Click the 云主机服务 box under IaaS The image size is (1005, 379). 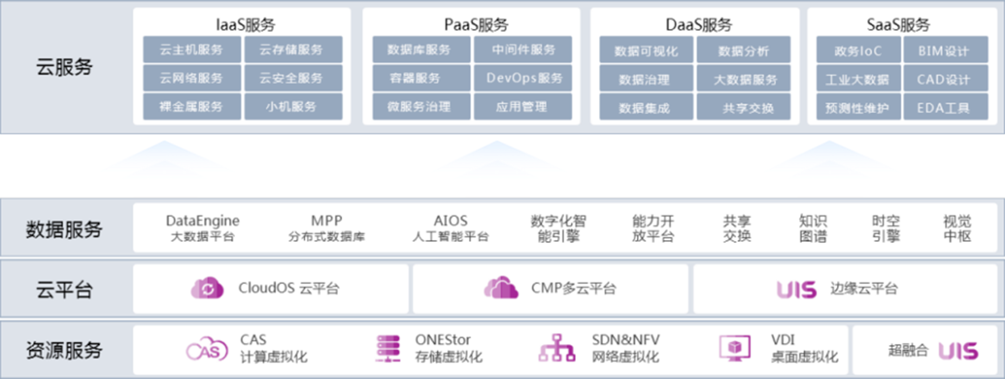click(x=191, y=50)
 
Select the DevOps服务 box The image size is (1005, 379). click(x=523, y=79)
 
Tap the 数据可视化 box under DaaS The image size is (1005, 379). click(x=646, y=51)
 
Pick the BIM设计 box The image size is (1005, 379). click(x=945, y=51)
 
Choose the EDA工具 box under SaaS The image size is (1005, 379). click(x=945, y=108)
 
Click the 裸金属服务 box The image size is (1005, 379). click(x=191, y=107)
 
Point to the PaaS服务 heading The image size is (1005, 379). click(x=476, y=24)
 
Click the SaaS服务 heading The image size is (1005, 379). click(x=898, y=24)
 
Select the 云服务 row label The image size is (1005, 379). click(x=64, y=67)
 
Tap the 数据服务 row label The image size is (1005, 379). click(x=64, y=229)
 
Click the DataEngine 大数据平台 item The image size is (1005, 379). click(x=202, y=228)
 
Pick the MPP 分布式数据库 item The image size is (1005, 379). click(x=326, y=228)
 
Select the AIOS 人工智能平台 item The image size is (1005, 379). click(x=451, y=228)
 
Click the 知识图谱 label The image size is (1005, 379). click(x=812, y=228)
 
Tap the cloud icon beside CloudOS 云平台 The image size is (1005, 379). click(x=207, y=288)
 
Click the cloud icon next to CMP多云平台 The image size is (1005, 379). click(x=501, y=287)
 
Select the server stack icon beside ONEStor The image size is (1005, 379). click(x=388, y=348)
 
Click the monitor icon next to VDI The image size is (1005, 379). click(x=735, y=348)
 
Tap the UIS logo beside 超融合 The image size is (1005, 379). click(x=958, y=351)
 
